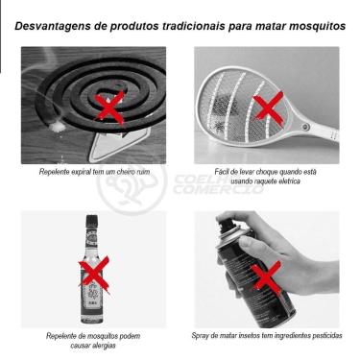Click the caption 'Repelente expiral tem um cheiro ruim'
(94, 171)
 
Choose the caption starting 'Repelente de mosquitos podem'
(94, 336)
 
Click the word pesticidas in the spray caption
(324, 336)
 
